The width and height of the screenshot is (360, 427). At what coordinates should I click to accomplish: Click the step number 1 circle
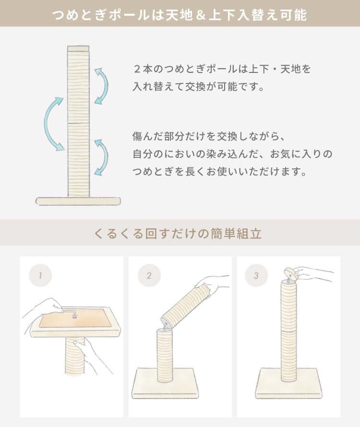40,275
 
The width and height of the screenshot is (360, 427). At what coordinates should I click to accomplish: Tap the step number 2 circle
149,275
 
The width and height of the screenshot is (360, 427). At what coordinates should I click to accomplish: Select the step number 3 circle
256,275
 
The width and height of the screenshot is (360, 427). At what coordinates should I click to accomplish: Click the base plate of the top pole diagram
78,201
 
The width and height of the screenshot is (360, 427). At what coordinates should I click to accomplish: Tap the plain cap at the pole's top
79,49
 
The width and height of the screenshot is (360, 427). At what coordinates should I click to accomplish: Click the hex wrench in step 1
70,313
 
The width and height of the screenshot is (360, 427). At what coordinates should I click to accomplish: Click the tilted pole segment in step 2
185,305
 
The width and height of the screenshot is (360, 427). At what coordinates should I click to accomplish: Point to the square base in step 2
165,383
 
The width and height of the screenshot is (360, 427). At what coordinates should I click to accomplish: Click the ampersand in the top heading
200,15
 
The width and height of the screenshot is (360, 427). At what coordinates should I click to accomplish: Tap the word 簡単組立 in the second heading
236,233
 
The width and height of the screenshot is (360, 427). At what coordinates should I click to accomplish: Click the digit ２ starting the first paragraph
137,69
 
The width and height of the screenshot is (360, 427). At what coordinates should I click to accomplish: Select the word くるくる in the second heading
118,233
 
